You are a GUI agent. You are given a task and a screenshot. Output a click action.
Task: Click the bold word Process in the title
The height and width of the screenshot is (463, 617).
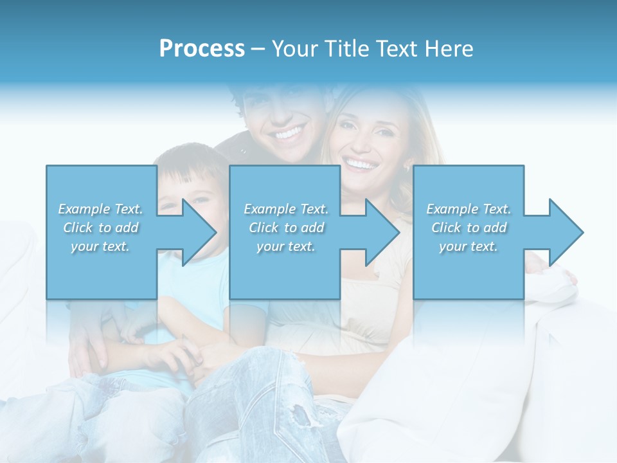[x=202, y=49]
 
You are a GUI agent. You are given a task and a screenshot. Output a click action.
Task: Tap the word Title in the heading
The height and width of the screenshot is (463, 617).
[x=348, y=49]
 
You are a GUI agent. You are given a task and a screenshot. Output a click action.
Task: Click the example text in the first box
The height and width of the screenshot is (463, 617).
[x=101, y=227]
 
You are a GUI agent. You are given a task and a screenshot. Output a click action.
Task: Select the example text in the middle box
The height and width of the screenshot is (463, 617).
[x=286, y=227]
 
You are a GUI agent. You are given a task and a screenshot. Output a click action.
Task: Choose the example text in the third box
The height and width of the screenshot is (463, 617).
[x=469, y=227]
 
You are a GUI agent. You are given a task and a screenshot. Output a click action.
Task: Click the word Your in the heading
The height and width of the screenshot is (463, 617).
[x=294, y=49]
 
